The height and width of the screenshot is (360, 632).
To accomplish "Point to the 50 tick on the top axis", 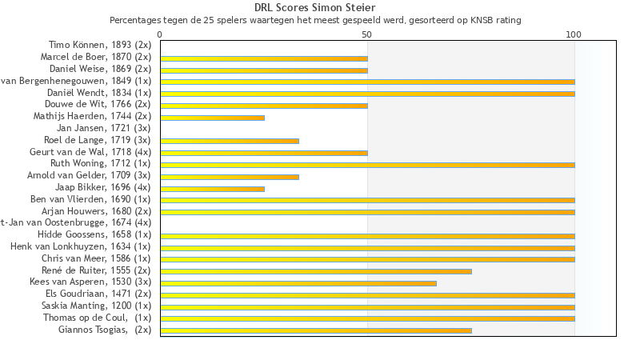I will [x=367, y=34].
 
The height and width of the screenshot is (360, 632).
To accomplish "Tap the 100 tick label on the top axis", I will [x=574, y=34].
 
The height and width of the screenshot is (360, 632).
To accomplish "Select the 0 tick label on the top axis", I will [x=160, y=34].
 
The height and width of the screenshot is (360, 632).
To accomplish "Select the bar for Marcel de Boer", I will [x=264, y=58].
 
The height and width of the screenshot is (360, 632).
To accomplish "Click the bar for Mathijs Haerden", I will [x=212, y=118].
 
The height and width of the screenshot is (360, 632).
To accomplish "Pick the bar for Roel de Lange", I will [x=230, y=141].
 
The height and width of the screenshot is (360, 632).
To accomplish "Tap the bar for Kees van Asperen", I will [x=298, y=282].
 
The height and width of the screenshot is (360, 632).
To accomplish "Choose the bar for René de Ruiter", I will [x=316, y=271].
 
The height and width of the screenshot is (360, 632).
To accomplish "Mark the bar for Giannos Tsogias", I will [x=316, y=330].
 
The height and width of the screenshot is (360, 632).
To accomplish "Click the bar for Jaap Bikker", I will [x=212, y=188].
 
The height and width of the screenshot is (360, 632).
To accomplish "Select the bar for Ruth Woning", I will [x=367, y=165].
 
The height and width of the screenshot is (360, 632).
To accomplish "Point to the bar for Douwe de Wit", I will [x=264, y=106].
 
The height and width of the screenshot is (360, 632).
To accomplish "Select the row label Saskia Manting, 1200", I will [x=96, y=306].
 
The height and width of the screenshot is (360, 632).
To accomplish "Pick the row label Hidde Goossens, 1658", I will [x=94, y=234].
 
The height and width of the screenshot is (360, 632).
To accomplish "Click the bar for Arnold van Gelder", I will [x=230, y=176].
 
